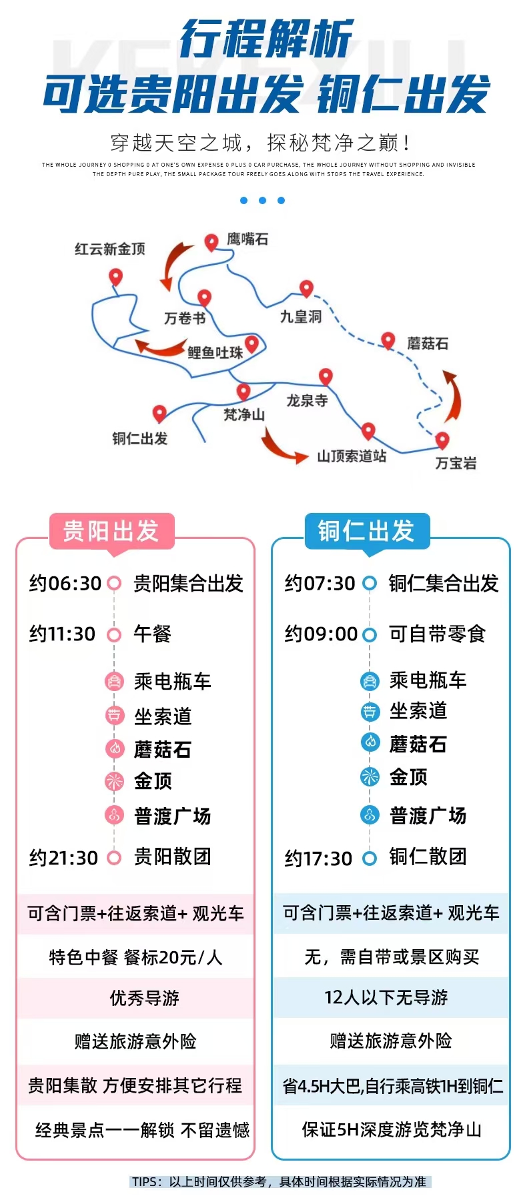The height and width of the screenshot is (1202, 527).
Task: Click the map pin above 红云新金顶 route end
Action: (116, 276)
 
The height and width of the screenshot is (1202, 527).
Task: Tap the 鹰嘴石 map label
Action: (247, 239)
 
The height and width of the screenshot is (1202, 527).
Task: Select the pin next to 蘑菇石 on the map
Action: (388, 340)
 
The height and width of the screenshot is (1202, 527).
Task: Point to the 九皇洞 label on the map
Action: (301, 317)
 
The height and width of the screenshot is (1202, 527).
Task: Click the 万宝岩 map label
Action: (456, 463)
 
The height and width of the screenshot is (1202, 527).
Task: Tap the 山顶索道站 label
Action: (352, 456)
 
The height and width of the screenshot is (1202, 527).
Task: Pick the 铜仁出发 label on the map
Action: (139, 438)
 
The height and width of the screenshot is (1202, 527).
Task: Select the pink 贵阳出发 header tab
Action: (111, 532)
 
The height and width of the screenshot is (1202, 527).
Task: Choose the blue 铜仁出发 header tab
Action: (366, 532)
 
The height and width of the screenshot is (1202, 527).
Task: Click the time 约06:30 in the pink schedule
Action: (65, 584)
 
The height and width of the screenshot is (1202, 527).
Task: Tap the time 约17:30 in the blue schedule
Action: (318, 858)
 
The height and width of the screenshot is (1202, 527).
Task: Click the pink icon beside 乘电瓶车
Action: (115, 681)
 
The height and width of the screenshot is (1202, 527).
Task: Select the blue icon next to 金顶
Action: (370, 776)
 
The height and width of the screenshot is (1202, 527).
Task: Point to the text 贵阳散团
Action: (172, 856)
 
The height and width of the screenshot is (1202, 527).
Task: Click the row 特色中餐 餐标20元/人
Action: (135, 957)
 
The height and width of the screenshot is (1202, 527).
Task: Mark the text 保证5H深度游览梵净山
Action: (392, 1129)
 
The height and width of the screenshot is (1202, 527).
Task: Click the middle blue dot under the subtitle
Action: (262, 200)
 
